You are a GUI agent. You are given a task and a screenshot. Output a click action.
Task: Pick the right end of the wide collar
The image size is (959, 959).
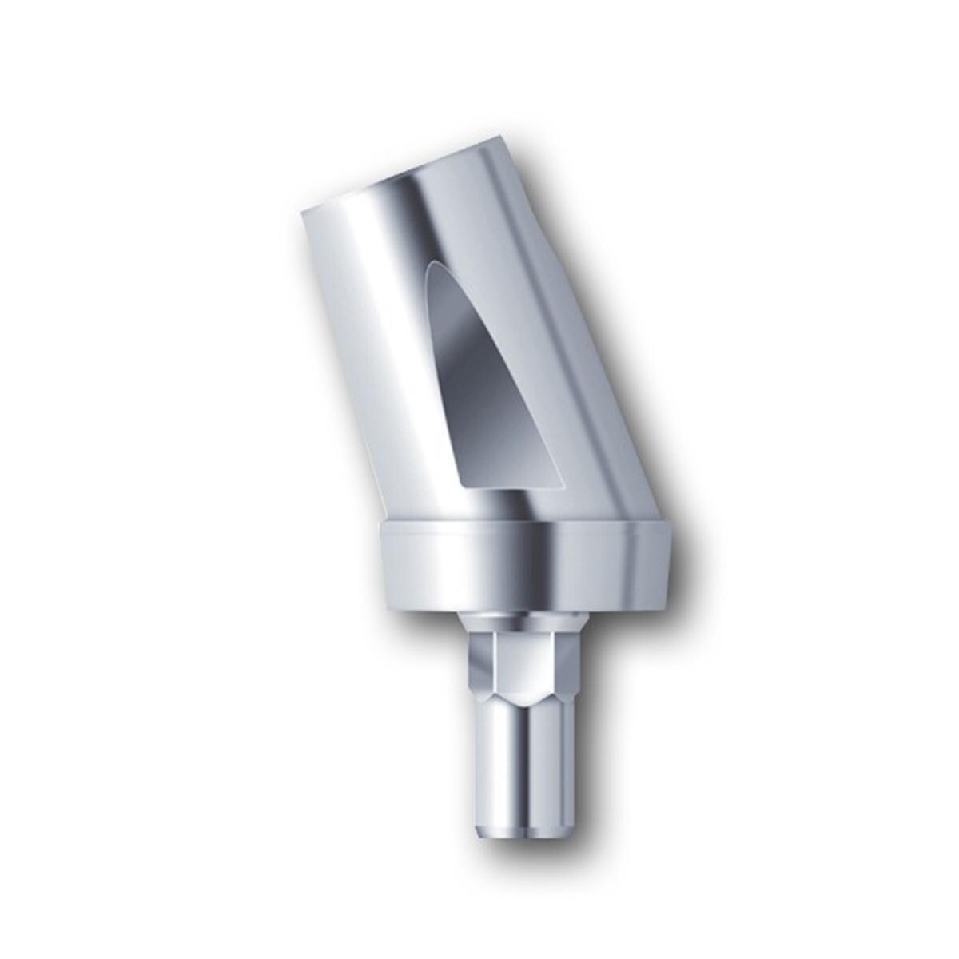pyautogui.click(x=680, y=559)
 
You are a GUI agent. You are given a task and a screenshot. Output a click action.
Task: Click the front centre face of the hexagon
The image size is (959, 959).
pyautogui.click(x=523, y=663)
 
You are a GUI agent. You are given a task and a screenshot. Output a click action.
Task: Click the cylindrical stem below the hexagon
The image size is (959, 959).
pyautogui.click(x=523, y=767)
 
